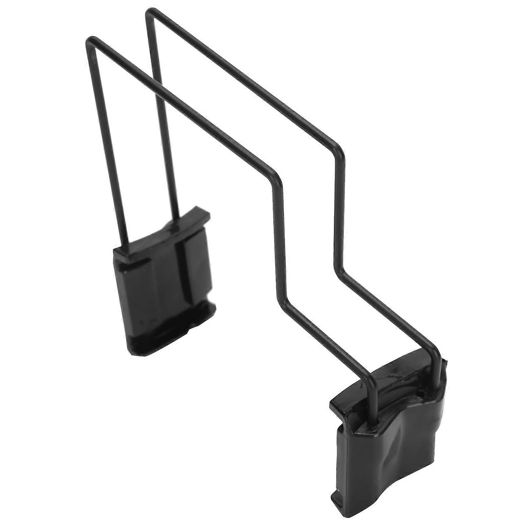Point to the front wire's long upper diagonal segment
click(x=183, y=108)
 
